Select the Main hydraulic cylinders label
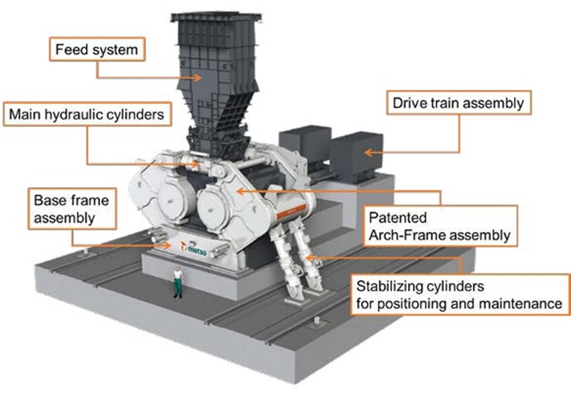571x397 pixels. point(86,115)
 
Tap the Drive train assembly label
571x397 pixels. point(458,104)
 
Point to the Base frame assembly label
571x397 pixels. point(71,209)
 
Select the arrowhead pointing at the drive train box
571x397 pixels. point(366,153)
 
